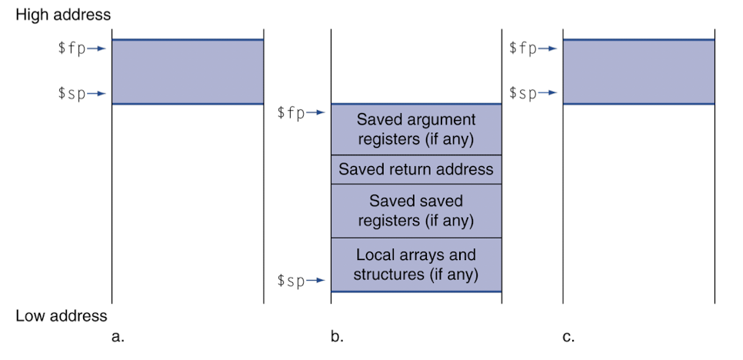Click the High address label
click(x=63, y=15)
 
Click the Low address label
click(x=62, y=315)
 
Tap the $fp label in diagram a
click(x=72, y=48)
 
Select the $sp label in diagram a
click(x=72, y=94)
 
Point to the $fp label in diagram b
click(x=291, y=113)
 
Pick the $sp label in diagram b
click(x=291, y=281)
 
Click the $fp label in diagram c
click(x=523, y=48)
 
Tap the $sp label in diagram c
click(x=523, y=93)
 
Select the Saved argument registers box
click(x=416, y=129)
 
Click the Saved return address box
click(x=416, y=169)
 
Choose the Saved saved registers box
click(x=416, y=211)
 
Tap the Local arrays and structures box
click(x=416, y=265)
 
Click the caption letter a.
click(x=118, y=337)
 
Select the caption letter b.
click(x=338, y=336)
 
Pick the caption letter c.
click(x=568, y=337)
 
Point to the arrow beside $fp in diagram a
click(x=96, y=48)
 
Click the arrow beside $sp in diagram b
click(x=315, y=281)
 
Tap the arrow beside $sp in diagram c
click(x=548, y=93)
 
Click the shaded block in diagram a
click(x=188, y=72)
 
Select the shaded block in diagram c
click(x=638, y=72)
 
